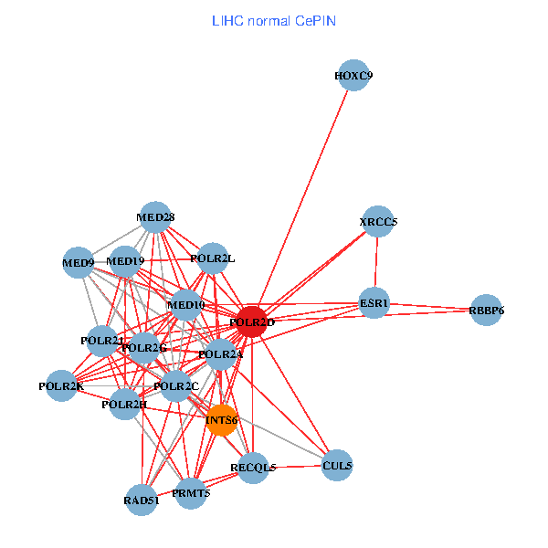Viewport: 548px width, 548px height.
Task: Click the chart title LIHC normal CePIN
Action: coord(274,20)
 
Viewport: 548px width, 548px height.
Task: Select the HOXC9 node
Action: coord(354,76)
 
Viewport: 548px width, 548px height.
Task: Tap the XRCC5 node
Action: coord(377,222)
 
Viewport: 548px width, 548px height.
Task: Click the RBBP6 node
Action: coord(486,311)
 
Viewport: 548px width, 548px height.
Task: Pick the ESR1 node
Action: coord(374,303)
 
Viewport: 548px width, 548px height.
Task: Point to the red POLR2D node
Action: coord(250,321)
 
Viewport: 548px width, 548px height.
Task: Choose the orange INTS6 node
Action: coord(221,420)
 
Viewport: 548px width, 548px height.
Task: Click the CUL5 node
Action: coord(337,466)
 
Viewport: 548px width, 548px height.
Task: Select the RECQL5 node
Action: coord(253,468)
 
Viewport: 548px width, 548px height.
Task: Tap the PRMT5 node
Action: coord(191,493)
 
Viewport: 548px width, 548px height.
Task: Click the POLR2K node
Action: coord(61,385)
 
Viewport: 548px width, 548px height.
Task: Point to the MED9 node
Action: coord(79,264)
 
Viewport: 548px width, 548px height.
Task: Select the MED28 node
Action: coord(155,217)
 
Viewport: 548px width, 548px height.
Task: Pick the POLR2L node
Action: coord(212,258)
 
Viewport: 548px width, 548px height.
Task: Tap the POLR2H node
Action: coord(125,404)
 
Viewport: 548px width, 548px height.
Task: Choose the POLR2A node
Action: coord(221,354)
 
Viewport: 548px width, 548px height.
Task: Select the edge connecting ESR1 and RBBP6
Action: coord(429,307)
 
